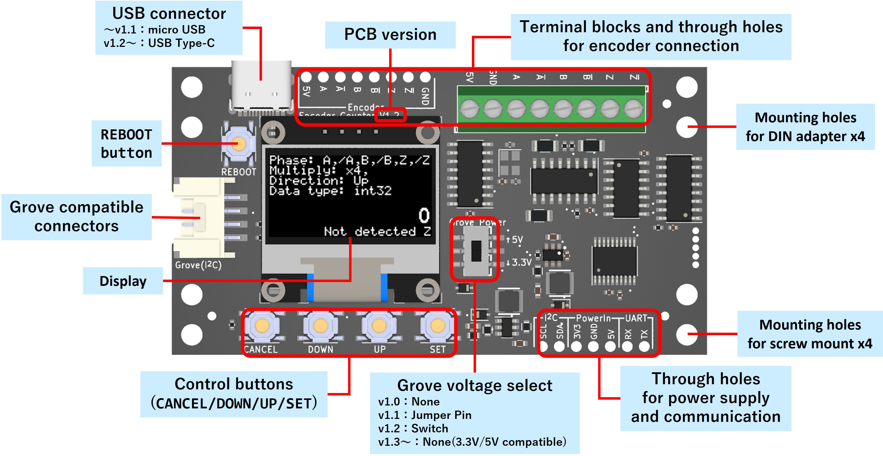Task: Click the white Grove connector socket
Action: point(199,218)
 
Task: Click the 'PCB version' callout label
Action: point(390,35)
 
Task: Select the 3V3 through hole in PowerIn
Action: point(577,346)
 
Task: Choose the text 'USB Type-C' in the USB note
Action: point(181,43)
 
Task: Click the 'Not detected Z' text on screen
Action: point(377,231)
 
